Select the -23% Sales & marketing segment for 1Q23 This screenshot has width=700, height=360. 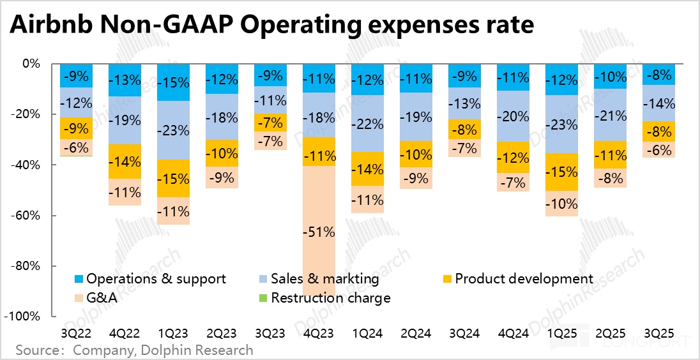[174, 130]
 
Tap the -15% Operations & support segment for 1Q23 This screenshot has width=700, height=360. [174, 82]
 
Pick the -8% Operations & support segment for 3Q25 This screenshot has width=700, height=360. [659, 75]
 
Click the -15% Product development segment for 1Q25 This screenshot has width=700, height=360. [562, 172]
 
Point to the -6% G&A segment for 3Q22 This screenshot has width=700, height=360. [77, 147]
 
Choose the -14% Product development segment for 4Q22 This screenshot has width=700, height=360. [125, 161]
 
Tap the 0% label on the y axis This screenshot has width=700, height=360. [32, 64]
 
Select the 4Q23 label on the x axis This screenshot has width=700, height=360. [319, 334]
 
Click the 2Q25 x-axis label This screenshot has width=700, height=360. [611, 334]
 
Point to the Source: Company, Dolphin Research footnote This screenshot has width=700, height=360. [134, 350]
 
